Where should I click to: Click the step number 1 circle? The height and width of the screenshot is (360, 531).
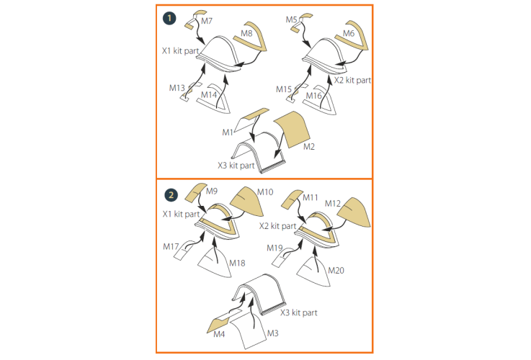169,18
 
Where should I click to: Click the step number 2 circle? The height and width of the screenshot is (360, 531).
171,195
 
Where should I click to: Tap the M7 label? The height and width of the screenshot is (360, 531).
207,21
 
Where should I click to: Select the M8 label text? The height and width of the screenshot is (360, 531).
246,33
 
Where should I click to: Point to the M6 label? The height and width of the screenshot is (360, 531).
349,33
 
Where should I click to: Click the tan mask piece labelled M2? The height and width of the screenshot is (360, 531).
293,130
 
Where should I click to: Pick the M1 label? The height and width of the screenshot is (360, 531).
228,132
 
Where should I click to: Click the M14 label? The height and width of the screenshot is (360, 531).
209,95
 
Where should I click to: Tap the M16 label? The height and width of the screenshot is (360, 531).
313,96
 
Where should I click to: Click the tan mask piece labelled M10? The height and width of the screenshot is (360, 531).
247,202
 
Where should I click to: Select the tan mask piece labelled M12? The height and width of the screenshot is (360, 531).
354,212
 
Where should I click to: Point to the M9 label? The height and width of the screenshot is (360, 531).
212,192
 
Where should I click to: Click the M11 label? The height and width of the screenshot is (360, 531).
311,197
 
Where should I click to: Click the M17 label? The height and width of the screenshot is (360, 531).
171,247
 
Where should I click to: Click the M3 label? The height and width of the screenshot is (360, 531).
272,333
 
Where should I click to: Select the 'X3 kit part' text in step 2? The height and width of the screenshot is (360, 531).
299,312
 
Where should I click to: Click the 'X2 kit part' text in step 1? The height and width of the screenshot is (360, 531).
352,80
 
